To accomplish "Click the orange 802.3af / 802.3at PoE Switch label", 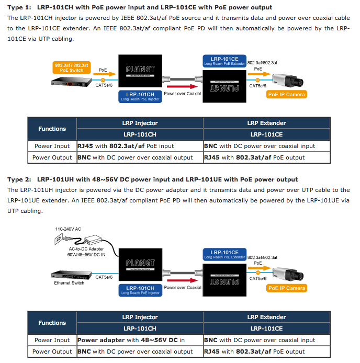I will [x=72, y=67].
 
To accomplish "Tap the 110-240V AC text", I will [x=67, y=229].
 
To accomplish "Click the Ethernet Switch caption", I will [x=69, y=283].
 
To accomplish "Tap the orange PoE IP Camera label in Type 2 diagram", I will [x=286, y=288].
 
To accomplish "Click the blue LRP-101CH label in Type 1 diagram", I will [x=140, y=96].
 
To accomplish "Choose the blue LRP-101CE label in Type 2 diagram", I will [x=224, y=254].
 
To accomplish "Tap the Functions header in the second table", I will [x=52, y=323].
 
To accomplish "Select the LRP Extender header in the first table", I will [x=266, y=123].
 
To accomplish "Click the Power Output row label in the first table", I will [x=52, y=157].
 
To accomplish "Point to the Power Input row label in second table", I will [x=52, y=340].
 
